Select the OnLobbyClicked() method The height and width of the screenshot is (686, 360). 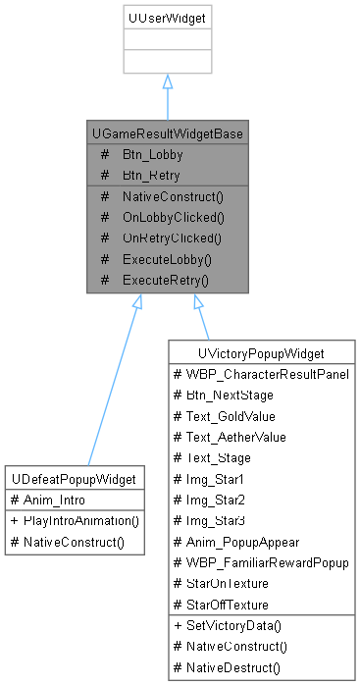coord(174,217)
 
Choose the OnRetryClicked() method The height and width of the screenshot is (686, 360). coord(174,237)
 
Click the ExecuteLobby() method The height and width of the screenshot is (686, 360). coord(167,259)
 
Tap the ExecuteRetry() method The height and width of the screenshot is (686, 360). coord(167,280)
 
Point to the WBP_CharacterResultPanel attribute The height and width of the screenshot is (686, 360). coord(263,373)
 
